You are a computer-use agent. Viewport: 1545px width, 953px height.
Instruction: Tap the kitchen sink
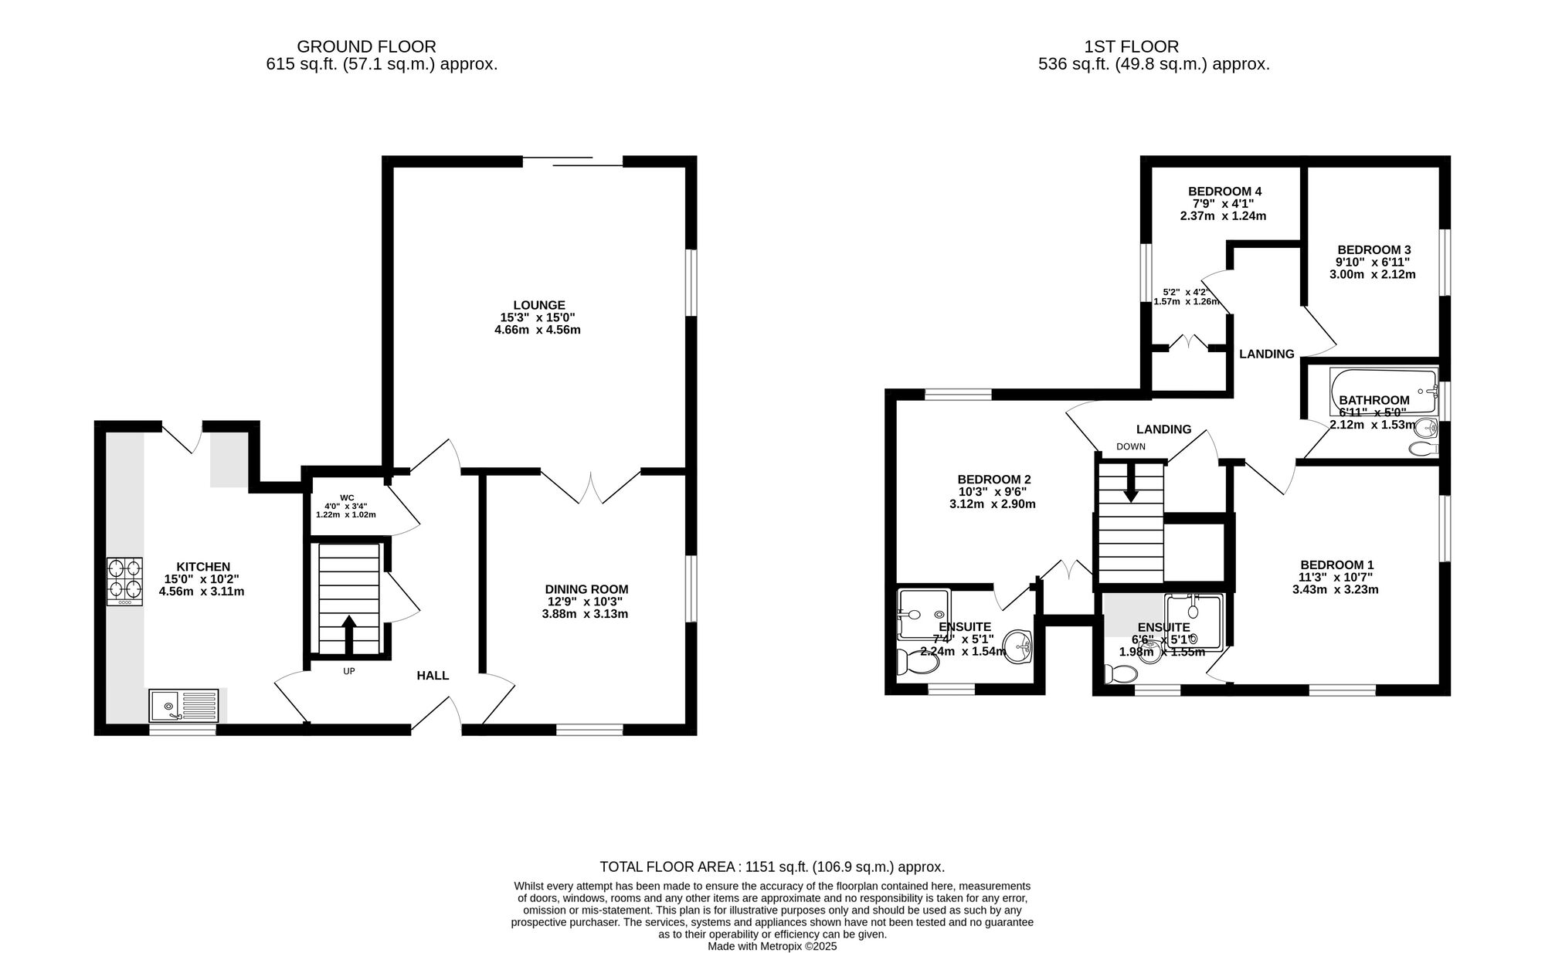(x=184, y=706)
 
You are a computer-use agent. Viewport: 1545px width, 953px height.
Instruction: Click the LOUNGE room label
(x=539, y=305)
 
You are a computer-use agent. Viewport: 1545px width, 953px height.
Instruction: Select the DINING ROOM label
(x=587, y=589)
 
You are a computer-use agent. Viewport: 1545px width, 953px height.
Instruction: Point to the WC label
(x=346, y=497)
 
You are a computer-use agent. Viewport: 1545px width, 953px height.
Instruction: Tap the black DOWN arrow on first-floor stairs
(x=1131, y=482)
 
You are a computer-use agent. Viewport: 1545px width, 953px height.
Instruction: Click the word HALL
(x=433, y=676)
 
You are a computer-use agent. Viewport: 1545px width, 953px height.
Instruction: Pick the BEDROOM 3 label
(x=1374, y=249)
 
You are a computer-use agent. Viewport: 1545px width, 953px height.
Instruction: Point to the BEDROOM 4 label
(x=1225, y=192)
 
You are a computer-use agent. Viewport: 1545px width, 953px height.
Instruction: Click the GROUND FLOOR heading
(x=366, y=47)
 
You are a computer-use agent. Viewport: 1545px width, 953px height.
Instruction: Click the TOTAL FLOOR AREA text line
(x=772, y=867)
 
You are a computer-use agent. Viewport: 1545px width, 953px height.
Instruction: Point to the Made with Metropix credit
(x=772, y=946)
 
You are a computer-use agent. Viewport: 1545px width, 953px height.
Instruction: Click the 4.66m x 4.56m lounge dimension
(x=538, y=330)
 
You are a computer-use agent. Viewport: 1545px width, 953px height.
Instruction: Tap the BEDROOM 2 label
(x=993, y=479)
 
